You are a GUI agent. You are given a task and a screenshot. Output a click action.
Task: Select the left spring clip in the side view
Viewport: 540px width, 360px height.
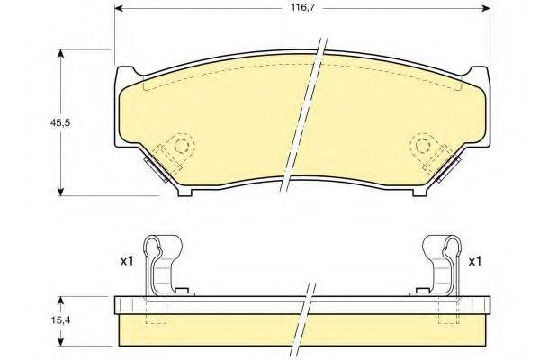pyautogui.click(x=163, y=265)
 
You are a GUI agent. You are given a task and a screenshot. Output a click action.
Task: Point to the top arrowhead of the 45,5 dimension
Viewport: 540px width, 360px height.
pyautogui.click(x=61, y=52)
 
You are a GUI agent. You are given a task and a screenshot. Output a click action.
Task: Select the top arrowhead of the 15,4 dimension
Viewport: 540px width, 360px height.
pyautogui.click(x=61, y=298)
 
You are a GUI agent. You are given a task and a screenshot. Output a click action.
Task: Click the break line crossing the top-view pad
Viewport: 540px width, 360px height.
pyautogui.click(x=303, y=117)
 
